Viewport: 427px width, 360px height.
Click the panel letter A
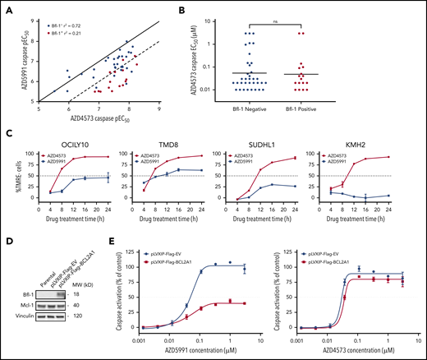6,6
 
